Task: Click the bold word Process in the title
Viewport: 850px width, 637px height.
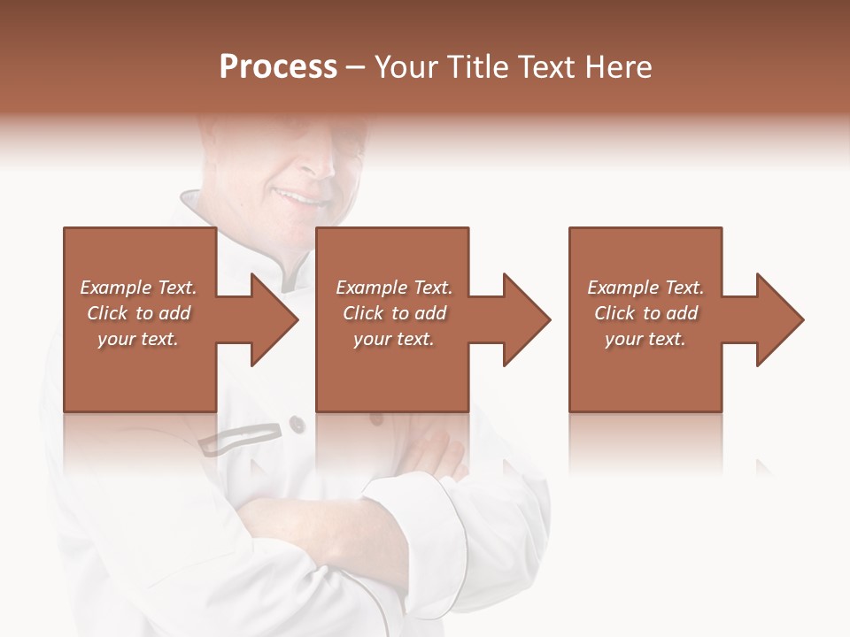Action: click(x=278, y=67)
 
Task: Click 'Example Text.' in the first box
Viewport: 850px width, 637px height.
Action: click(x=138, y=288)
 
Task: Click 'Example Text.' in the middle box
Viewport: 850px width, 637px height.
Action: click(x=394, y=288)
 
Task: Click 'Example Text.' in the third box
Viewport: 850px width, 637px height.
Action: click(x=645, y=288)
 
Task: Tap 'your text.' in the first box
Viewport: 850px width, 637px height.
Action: click(x=138, y=339)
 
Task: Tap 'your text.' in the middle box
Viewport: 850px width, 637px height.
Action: click(x=394, y=339)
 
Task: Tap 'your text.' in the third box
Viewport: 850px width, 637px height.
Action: click(x=645, y=339)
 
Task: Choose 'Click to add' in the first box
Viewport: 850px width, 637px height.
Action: click(x=138, y=313)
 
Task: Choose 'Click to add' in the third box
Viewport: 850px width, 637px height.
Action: click(x=645, y=313)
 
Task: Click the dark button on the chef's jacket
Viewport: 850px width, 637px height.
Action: click(x=297, y=426)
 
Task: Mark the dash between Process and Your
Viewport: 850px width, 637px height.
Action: click(x=356, y=68)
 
